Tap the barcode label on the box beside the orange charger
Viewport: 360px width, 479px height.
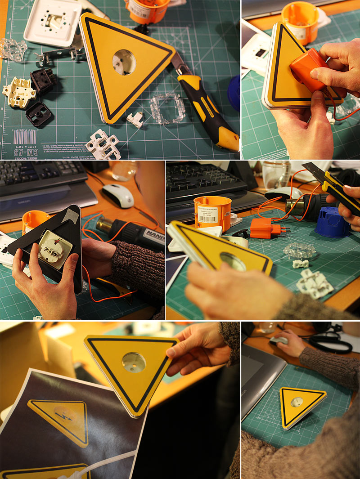208,215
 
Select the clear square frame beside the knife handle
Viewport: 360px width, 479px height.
167,108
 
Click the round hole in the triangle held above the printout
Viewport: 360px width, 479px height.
134,362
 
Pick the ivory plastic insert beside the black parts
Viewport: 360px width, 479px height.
18,93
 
